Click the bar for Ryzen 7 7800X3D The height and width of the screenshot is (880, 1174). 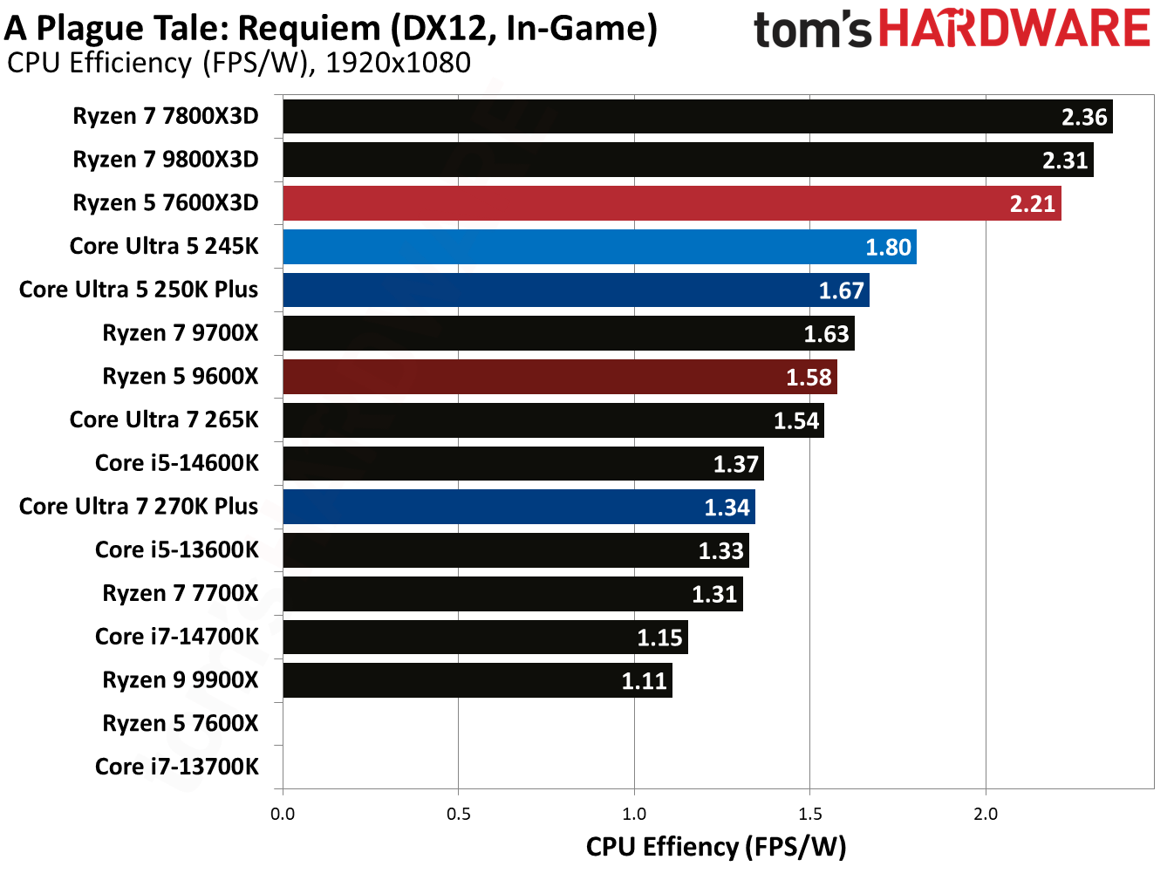click(698, 117)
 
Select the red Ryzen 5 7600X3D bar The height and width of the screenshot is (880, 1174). click(672, 203)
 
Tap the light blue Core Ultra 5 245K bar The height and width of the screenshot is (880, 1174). click(599, 247)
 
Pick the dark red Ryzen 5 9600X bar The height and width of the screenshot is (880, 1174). click(560, 377)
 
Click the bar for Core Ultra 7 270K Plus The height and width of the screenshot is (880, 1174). click(519, 507)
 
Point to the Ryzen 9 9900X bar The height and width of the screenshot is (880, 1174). click(477, 680)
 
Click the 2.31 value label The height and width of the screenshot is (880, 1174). click(1065, 160)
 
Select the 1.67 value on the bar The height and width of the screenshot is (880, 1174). click(841, 290)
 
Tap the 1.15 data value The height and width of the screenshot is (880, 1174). click(659, 638)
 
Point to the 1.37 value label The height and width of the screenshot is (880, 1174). click(736, 464)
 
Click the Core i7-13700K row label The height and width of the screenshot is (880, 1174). click(177, 767)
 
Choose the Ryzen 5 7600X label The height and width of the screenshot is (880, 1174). click(181, 723)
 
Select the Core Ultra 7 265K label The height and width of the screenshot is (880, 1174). click(164, 420)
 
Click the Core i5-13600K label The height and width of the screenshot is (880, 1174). click(177, 549)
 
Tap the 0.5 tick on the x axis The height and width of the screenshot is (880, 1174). click(459, 814)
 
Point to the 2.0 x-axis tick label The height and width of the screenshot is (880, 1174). click(986, 814)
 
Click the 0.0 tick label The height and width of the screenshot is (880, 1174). click(283, 814)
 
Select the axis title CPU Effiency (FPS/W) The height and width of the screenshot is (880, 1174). click(716, 847)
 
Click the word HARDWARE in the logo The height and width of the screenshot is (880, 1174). click(1014, 29)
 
